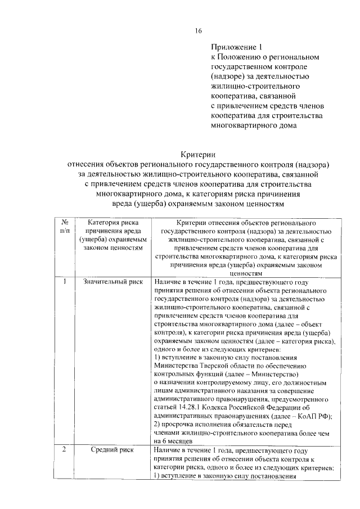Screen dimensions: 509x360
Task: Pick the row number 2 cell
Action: tap(65, 451)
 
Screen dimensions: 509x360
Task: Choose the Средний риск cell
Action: tap(110, 451)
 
